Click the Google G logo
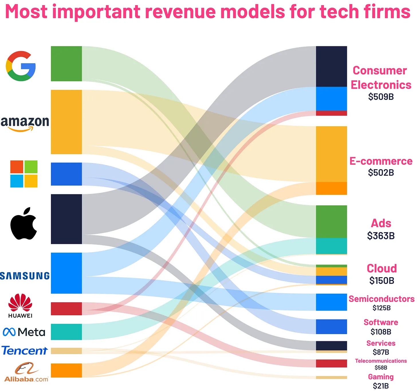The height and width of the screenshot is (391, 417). [x=21, y=66]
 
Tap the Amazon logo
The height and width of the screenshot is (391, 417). [x=25, y=123]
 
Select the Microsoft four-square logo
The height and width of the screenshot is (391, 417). [x=24, y=174]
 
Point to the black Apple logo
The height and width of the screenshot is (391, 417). [x=24, y=224]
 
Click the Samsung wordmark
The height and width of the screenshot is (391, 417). [x=25, y=276]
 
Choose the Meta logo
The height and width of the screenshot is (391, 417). [x=24, y=332]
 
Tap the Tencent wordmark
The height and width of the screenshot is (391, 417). [x=25, y=351]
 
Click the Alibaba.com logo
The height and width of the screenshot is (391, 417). [x=26, y=372]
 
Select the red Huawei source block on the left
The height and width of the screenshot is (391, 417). [x=66, y=309]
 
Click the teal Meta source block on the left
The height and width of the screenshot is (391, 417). [x=66, y=332]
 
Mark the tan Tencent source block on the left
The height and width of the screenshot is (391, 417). [x=66, y=351]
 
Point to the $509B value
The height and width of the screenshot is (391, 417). [x=381, y=97]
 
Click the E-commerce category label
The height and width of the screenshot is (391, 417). [x=381, y=161]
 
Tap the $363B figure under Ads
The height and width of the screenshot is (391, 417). [x=381, y=236]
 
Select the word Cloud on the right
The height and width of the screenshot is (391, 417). [x=382, y=268]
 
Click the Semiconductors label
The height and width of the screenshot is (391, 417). [x=381, y=299]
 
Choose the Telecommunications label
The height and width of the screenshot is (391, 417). [x=381, y=361]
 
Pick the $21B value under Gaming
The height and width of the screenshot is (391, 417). [x=381, y=386]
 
